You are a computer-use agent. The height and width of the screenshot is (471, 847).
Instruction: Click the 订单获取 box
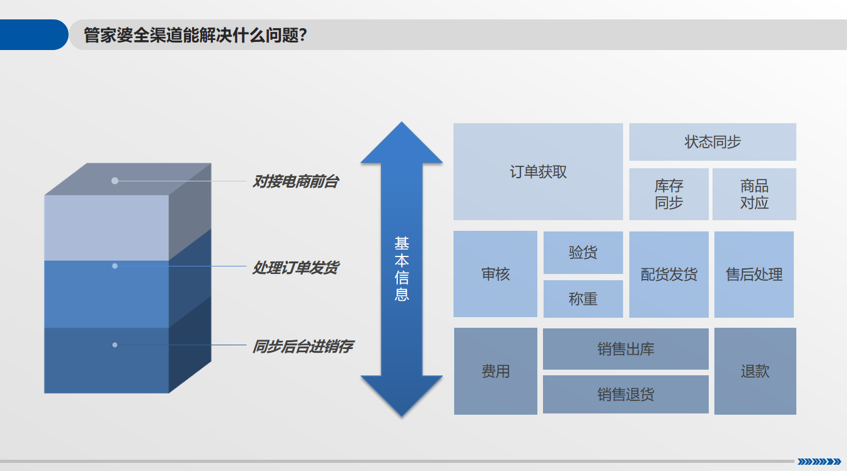pyautogui.click(x=538, y=172)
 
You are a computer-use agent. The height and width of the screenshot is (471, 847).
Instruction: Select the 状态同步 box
pyautogui.click(x=713, y=142)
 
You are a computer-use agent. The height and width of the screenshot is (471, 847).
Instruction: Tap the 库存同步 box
pyautogui.click(x=669, y=195)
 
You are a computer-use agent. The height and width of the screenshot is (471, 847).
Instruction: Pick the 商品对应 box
pyautogui.click(x=754, y=195)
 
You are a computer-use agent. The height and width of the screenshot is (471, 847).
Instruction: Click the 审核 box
pyautogui.click(x=495, y=274)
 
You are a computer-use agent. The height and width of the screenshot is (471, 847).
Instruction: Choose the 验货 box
pyautogui.click(x=583, y=253)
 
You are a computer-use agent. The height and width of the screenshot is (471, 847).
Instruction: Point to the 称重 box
pyautogui.click(x=583, y=299)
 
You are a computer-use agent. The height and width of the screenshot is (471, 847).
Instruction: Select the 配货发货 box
pyautogui.click(x=669, y=275)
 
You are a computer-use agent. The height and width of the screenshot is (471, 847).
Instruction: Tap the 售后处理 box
pyautogui.click(x=754, y=275)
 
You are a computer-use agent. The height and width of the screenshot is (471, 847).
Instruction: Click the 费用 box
pyautogui.click(x=495, y=371)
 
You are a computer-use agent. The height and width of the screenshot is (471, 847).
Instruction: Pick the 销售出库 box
pyautogui.click(x=626, y=349)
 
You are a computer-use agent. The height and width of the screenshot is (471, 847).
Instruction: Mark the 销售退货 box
pyautogui.click(x=626, y=395)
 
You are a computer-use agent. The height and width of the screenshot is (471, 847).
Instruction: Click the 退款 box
pyautogui.click(x=755, y=371)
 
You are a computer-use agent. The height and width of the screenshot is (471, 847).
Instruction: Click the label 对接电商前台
pyautogui.click(x=295, y=182)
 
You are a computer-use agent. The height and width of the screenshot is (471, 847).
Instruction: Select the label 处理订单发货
pyautogui.click(x=295, y=268)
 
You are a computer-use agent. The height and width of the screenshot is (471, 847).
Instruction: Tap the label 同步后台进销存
pyautogui.click(x=302, y=346)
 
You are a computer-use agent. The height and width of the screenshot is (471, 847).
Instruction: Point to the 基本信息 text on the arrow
pyautogui.click(x=402, y=269)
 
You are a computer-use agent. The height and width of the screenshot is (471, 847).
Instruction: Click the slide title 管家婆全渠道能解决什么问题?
pyautogui.click(x=195, y=35)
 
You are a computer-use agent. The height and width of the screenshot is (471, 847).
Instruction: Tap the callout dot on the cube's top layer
pyautogui.click(x=114, y=181)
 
